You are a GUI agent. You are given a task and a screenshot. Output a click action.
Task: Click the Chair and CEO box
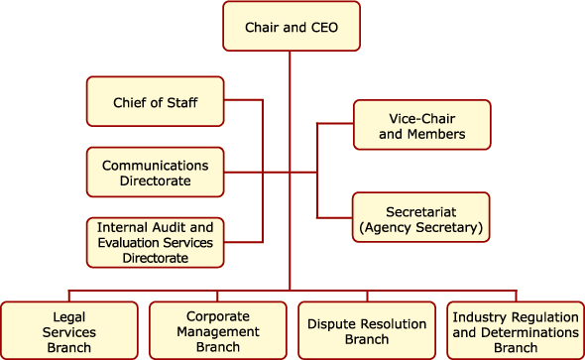pos(290,27)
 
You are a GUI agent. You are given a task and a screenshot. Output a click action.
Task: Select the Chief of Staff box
pos(155,101)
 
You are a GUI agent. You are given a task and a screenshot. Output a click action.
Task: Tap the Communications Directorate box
pos(155,173)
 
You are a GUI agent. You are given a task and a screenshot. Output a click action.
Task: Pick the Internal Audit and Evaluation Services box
pos(155,242)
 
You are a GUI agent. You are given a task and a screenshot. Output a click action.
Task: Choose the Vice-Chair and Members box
pos(421,125)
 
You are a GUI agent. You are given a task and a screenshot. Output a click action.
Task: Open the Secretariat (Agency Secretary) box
pos(421,219)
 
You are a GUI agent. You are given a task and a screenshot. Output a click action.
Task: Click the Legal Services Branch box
pos(69,330)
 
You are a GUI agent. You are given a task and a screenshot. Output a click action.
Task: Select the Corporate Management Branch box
pos(218,330)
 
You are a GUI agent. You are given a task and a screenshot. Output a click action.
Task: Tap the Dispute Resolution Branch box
pos(367,330)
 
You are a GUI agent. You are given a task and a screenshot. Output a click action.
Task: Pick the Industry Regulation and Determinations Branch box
pos(516,330)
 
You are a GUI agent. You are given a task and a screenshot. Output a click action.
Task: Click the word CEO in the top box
pos(322,28)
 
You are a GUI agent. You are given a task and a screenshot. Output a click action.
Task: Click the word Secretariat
pos(421,211)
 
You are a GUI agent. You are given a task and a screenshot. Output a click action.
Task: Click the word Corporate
pos(218,316)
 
